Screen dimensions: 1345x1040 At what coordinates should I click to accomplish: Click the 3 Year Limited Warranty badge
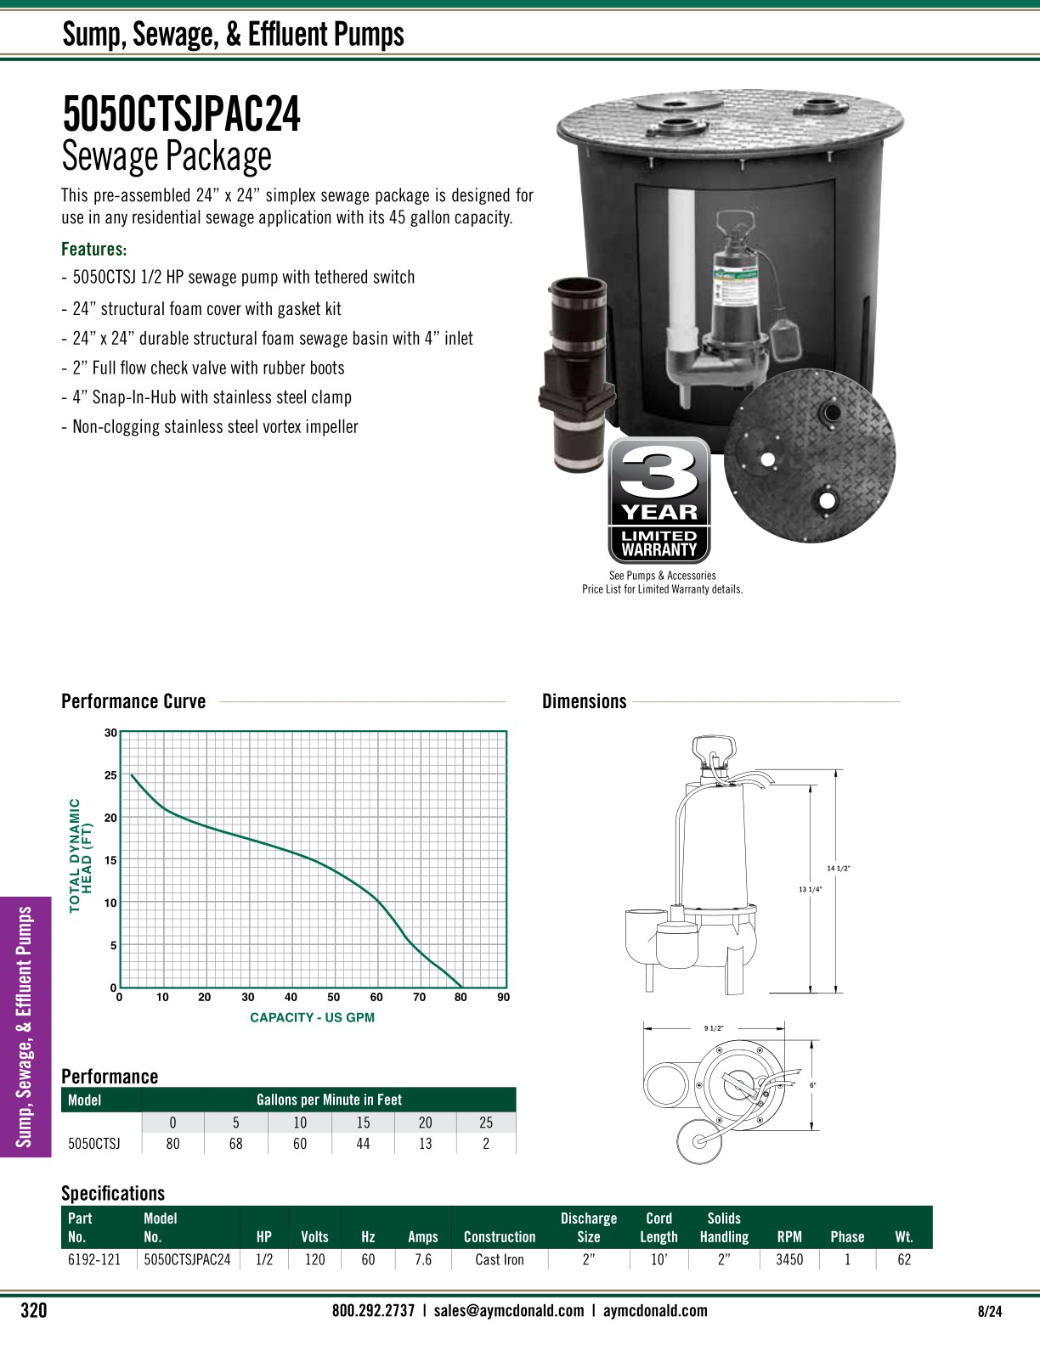pyautogui.click(x=659, y=500)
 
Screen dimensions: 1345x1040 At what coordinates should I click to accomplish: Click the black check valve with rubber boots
pyautogui.click(x=576, y=374)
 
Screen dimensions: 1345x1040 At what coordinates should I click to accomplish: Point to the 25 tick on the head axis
pyautogui.click(x=110, y=775)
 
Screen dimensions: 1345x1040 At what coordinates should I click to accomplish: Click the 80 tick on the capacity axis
pyautogui.click(x=461, y=997)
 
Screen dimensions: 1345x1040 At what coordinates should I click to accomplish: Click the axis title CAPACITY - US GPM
pyautogui.click(x=312, y=1017)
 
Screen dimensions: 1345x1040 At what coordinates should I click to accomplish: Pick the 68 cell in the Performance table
pyautogui.click(x=235, y=1144)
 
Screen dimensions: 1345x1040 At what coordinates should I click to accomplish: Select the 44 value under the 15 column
pyautogui.click(x=363, y=1144)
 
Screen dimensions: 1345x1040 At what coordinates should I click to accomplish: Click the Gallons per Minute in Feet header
pyautogui.click(x=329, y=1100)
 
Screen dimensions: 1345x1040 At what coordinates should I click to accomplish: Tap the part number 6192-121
pyautogui.click(x=94, y=1259)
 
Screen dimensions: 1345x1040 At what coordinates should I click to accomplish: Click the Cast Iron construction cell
pyautogui.click(x=500, y=1259)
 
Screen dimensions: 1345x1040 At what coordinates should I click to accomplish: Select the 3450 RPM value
pyautogui.click(x=789, y=1259)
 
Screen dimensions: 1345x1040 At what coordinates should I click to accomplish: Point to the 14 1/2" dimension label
pyautogui.click(x=839, y=868)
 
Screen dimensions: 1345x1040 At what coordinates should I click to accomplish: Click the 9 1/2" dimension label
pyautogui.click(x=713, y=1028)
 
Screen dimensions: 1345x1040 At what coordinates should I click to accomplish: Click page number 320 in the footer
pyautogui.click(x=33, y=1311)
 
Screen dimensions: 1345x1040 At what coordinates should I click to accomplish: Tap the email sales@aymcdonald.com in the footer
pyautogui.click(x=508, y=1310)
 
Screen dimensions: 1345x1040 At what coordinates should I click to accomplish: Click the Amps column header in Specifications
pyautogui.click(x=422, y=1237)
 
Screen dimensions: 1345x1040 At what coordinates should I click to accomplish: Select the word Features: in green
pyautogui.click(x=93, y=249)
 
